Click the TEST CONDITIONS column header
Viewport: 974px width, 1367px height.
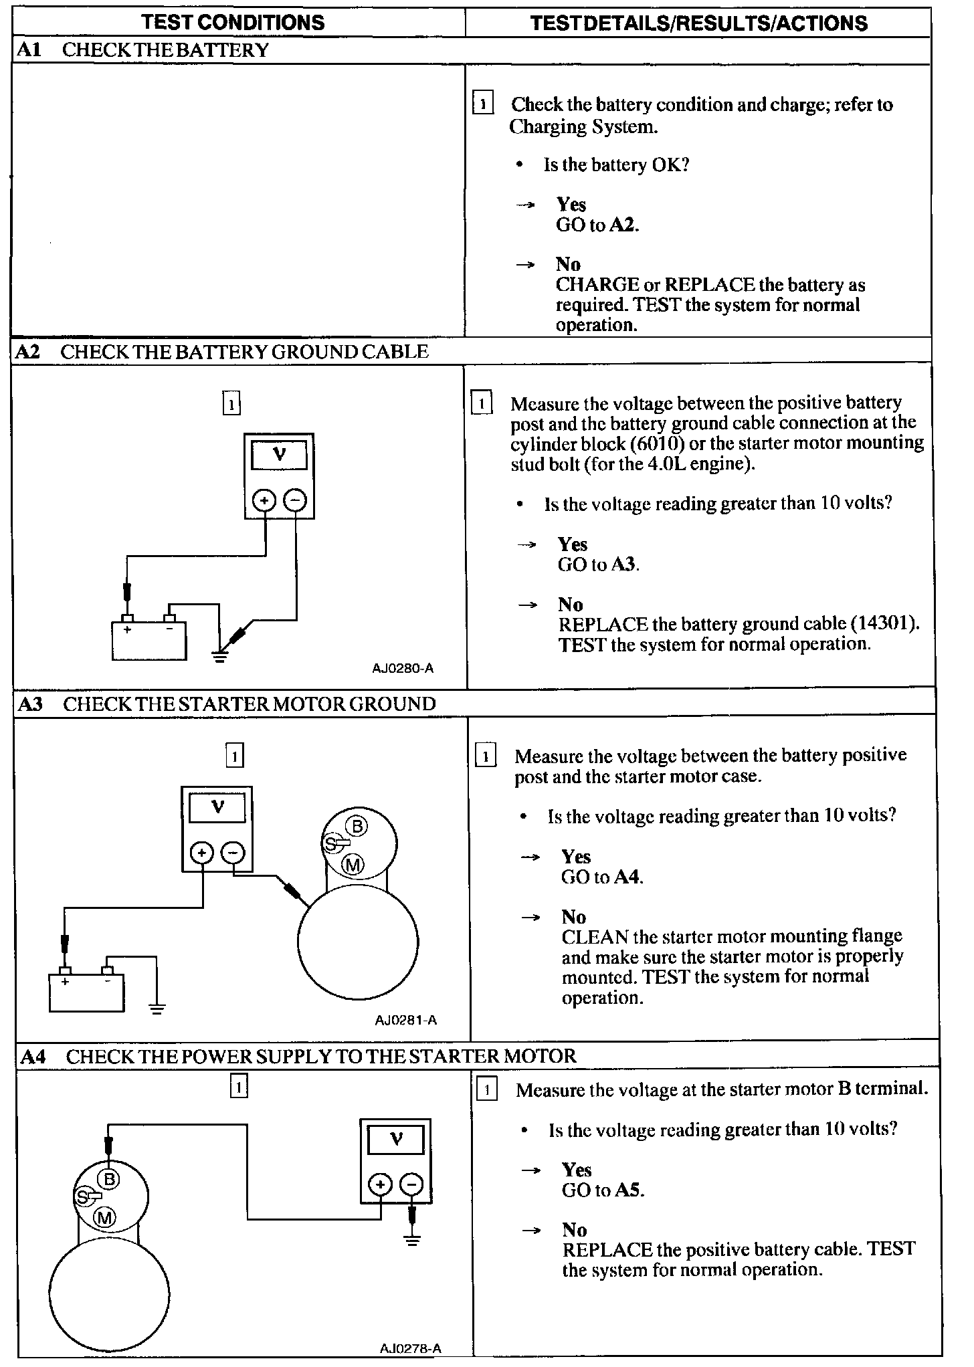click(x=233, y=23)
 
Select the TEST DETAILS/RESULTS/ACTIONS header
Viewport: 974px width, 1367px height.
click(x=698, y=23)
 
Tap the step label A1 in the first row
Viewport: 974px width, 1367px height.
click(x=29, y=51)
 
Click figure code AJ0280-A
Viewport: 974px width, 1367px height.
click(x=403, y=668)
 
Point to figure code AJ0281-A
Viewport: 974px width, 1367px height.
click(x=405, y=1020)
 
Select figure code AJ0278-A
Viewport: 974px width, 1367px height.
click(x=410, y=1348)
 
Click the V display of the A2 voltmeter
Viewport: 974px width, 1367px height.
click(x=279, y=455)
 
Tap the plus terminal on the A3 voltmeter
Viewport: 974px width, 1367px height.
click(x=202, y=853)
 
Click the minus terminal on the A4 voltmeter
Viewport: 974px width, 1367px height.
click(x=411, y=1185)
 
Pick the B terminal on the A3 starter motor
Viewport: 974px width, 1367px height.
click(x=357, y=827)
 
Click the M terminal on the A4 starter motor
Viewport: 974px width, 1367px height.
click(x=104, y=1218)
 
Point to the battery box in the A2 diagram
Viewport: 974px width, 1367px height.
click(x=149, y=641)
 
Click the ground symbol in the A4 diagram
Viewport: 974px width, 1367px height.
click(x=412, y=1242)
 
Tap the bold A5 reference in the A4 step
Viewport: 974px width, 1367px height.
click(x=628, y=1190)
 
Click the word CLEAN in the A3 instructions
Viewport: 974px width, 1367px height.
click(x=595, y=936)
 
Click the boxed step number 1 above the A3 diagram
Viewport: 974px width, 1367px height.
click(x=235, y=756)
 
